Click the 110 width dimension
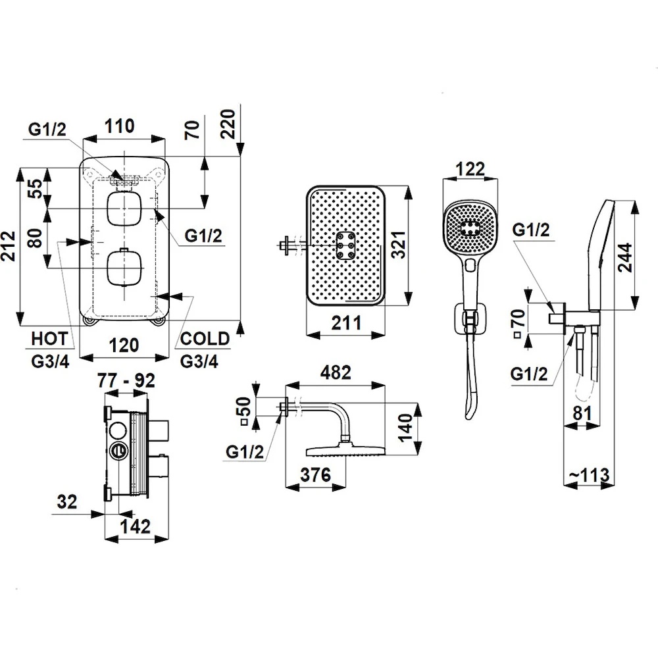point(119,125)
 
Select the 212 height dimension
point(9,245)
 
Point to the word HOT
point(50,339)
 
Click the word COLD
point(205,339)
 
